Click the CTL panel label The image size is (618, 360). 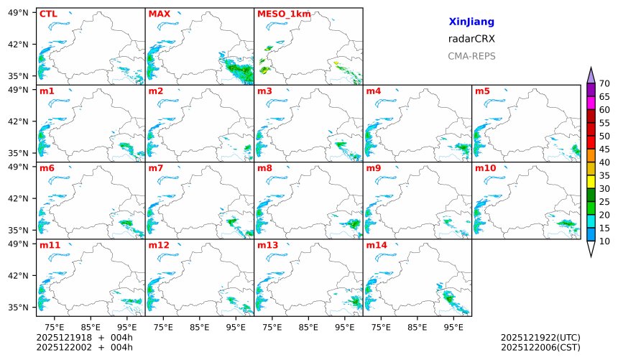coord(48,14)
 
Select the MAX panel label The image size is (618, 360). coord(158,14)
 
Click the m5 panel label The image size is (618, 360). coord(482,91)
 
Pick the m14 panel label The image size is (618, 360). coord(377,245)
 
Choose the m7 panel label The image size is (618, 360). coord(156,168)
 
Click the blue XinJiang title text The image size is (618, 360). coord(471,22)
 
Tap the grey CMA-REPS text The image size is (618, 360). coord(471,56)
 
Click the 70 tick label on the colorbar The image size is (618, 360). coord(604,84)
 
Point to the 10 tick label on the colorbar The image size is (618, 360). coord(604,241)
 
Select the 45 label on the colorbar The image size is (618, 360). coord(604,149)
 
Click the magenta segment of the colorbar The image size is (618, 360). coord(591,103)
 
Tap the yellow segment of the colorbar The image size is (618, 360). coord(591,182)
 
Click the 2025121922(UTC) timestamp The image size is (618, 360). coord(540,337)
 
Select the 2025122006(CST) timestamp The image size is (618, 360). coord(540,348)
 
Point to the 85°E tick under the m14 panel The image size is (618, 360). coord(417,327)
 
